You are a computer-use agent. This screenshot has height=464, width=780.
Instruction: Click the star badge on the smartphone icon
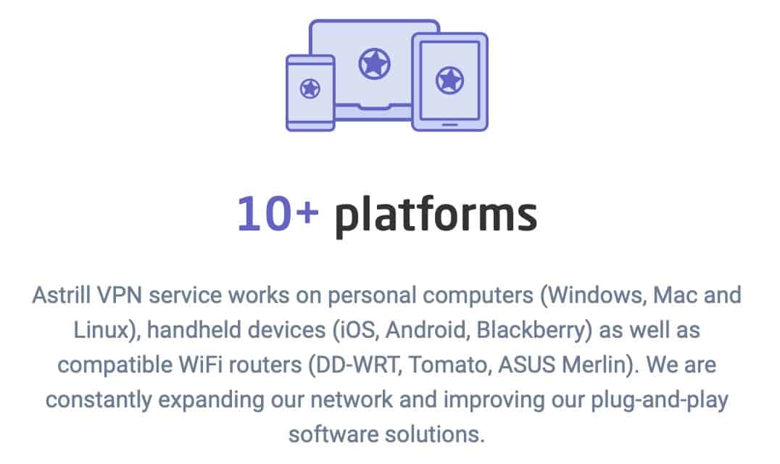[310, 88]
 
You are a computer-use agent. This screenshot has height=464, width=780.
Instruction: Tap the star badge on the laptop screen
[375, 64]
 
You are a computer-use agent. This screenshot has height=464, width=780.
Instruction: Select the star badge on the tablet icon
[449, 80]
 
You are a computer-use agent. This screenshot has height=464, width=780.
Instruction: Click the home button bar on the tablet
[449, 124]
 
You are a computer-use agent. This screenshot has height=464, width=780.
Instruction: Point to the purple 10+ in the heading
[278, 214]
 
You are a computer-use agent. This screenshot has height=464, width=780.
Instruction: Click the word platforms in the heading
[436, 215]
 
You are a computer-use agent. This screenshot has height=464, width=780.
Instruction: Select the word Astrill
[62, 295]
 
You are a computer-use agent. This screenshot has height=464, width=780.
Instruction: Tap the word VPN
[120, 295]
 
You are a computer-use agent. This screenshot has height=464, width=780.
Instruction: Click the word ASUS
[526, 365]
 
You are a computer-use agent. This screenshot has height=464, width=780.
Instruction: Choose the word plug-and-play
[660, 400]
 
